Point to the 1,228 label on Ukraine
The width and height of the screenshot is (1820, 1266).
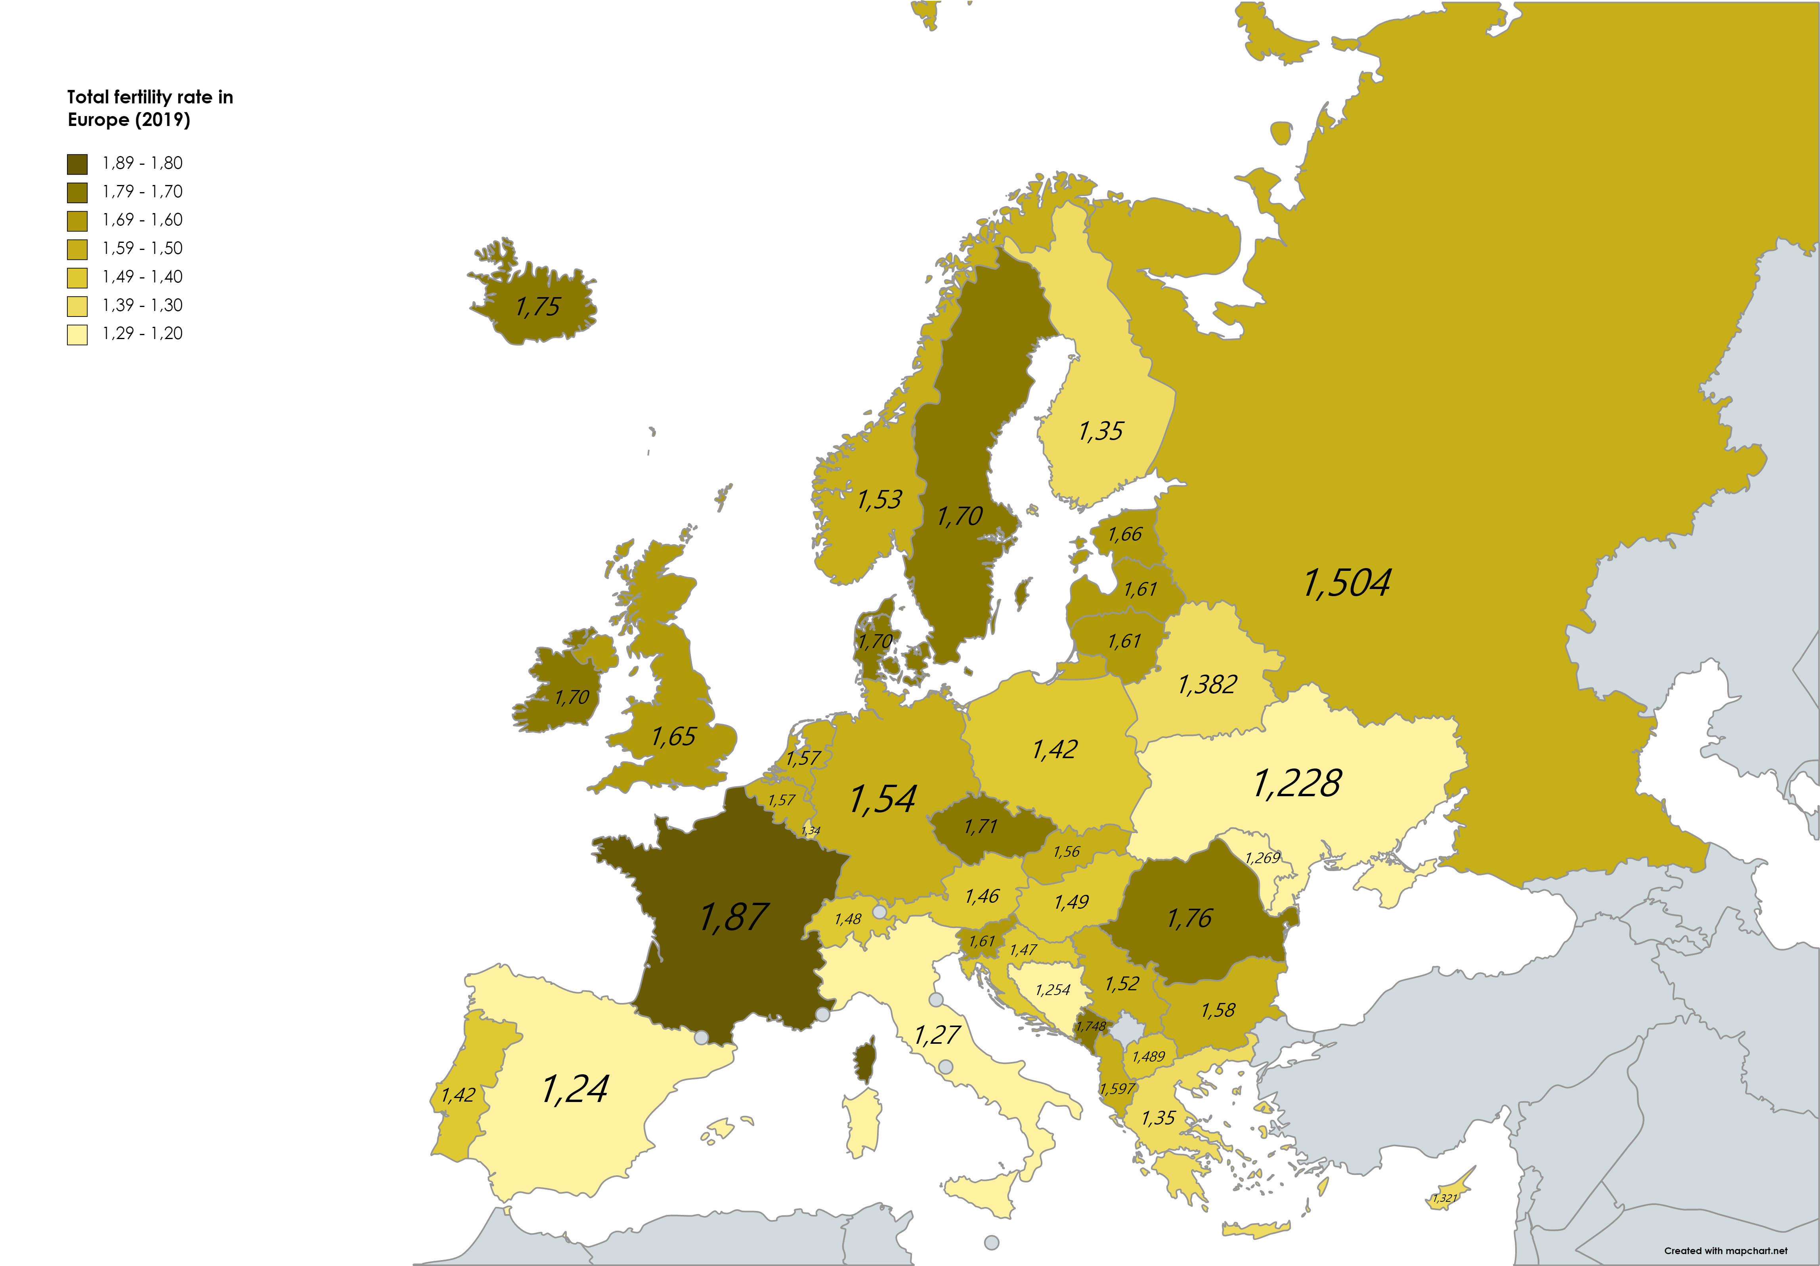point(1297,784)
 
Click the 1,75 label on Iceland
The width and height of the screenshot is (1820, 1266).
point(537,307)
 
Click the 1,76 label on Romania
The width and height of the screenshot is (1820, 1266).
point(1189,918)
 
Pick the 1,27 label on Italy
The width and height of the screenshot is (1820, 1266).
point(937,1035)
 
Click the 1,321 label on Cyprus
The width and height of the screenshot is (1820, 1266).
point(1444,1198)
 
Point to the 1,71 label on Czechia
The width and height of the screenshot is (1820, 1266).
point(981,827)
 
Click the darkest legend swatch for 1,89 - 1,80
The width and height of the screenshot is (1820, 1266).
point(77,164)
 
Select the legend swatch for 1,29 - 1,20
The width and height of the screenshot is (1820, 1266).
point(77,334)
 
